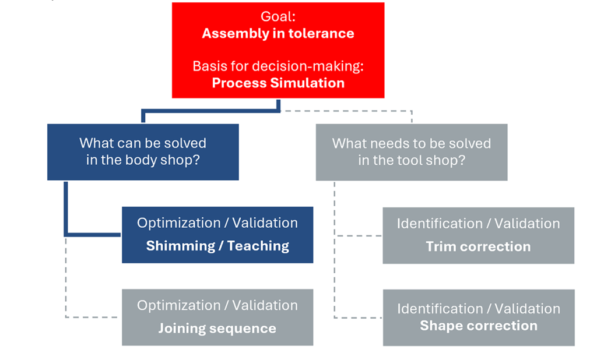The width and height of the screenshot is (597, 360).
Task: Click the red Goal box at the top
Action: tap(278, 50)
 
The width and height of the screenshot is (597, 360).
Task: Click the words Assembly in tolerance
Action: tap(278, 33)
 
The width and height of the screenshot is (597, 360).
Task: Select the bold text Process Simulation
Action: tap(278, 83)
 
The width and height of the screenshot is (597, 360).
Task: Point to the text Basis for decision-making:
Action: tap(278, 66)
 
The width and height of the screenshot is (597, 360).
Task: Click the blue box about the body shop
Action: tap(143, 151)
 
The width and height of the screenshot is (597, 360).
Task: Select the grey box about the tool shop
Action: tap(412, 151)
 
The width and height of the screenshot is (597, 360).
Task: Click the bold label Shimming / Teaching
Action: tap(217, 246)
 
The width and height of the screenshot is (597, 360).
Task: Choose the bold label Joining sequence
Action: tap(217, 329)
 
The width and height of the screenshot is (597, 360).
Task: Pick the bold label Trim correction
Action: tap(478, 246)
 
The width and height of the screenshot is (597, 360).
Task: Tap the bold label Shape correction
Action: tap(478, 325)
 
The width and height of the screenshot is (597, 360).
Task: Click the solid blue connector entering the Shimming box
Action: tap(93, 235)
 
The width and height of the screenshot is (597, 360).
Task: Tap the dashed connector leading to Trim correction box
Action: tap(359, 236)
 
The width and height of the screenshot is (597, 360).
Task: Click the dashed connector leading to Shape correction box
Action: tap(359, 318)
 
